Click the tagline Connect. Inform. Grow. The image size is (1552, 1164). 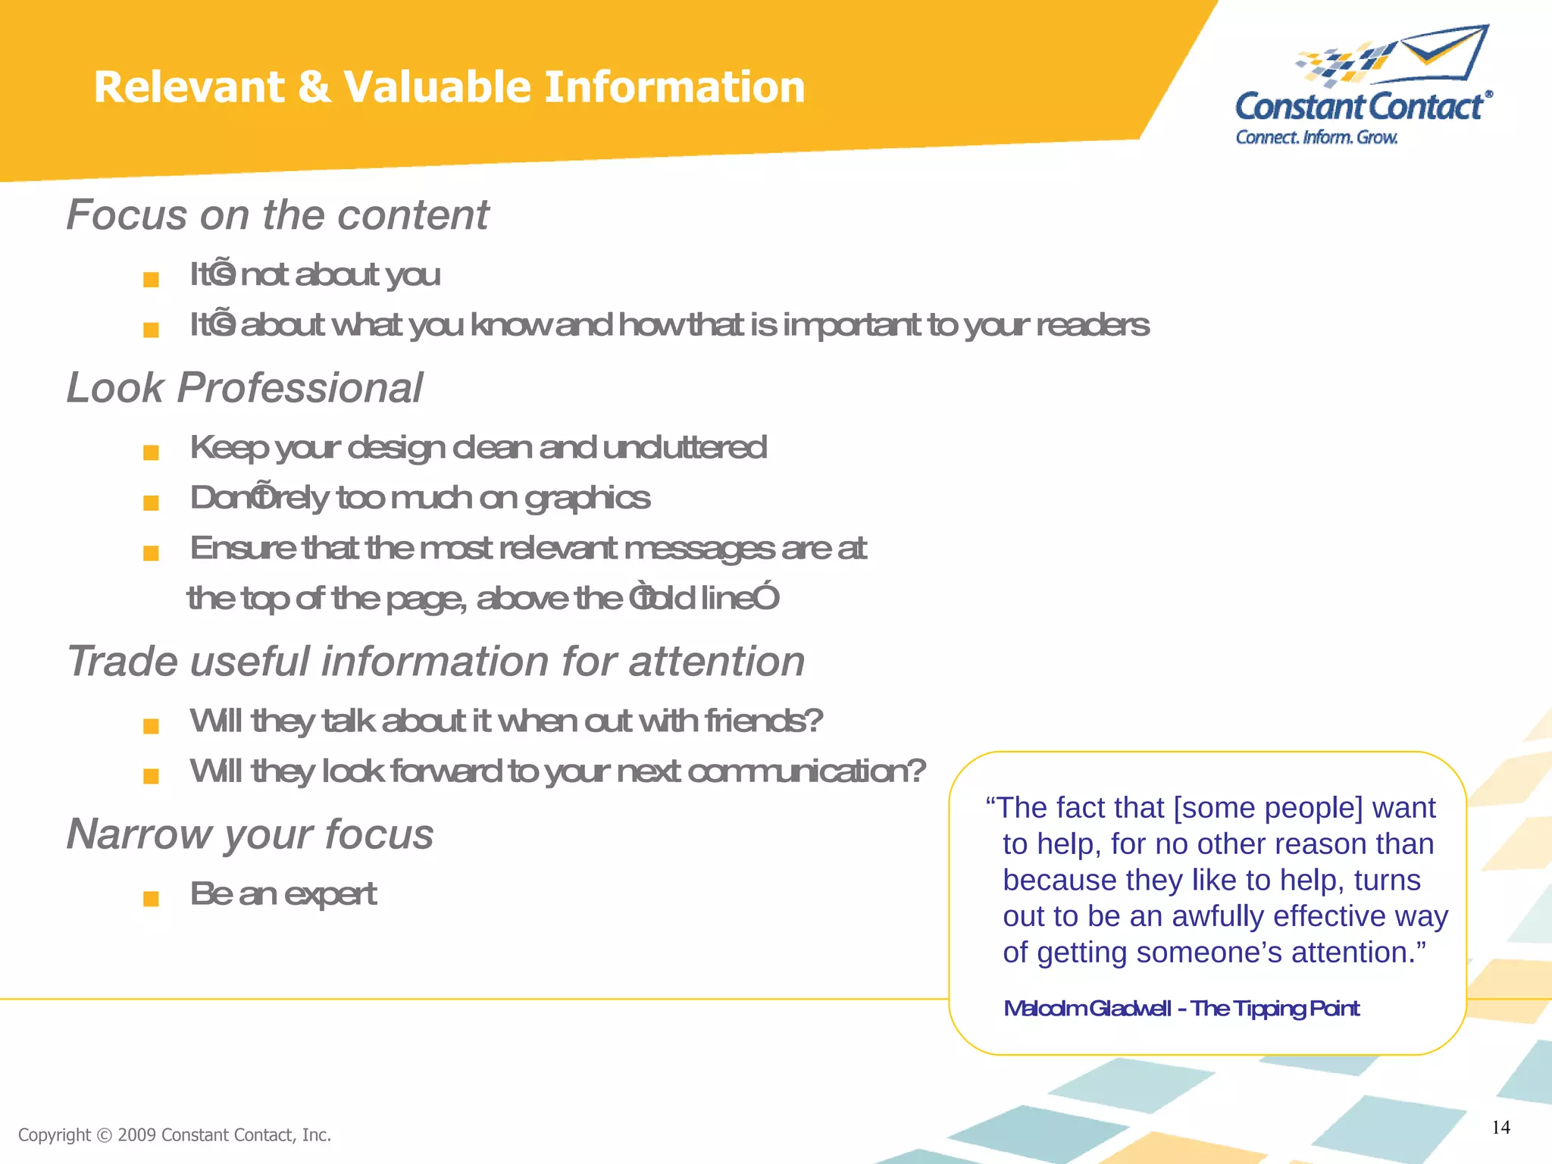point(1316,137)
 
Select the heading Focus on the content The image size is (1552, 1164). point(277,214)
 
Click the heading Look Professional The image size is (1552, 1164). point(244,388)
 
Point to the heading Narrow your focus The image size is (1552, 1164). point(250,834)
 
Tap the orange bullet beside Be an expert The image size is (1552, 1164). point(151,899)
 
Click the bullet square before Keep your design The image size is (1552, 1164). point(151,452)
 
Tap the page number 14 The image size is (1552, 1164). point(1500,1127)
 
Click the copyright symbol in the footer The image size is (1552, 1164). point(105,1135)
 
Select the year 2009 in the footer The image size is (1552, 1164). point(137,1135)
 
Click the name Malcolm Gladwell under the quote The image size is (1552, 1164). point(1087,1009)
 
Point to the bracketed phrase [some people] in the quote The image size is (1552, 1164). point(1268,808)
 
